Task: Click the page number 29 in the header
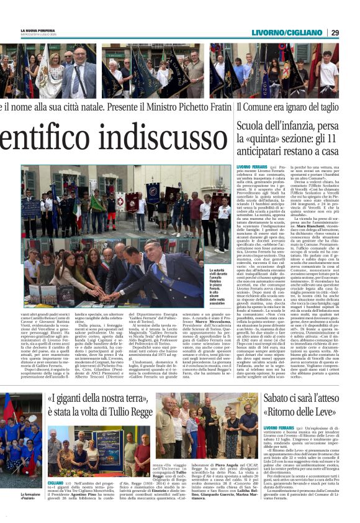[351, 32]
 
